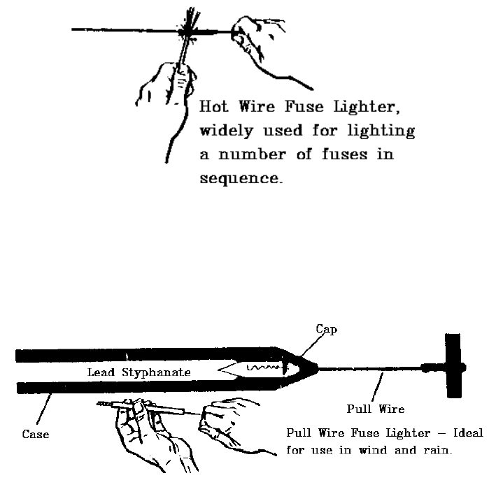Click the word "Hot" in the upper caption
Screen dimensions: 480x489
[x=213, y=108]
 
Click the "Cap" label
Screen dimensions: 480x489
[x=326, y=329]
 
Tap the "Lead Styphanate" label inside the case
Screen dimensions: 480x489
[x=139, y=372]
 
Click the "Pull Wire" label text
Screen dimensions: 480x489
[x=376, y=409]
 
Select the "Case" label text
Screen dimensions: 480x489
[x=35, y=435]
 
